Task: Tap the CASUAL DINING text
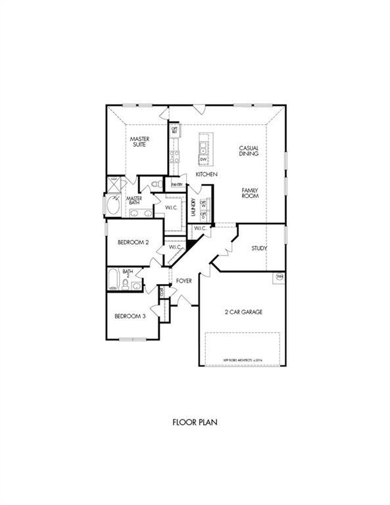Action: tap(248, 151)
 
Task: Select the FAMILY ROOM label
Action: tap(249, 193)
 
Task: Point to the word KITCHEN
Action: tap(207, 174)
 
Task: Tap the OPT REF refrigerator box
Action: tap(174, 130)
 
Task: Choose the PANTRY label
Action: tap(176, 185)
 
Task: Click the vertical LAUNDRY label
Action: tap(193, 207)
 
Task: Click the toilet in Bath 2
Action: tap(135, 284)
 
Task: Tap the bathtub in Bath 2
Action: tap(113, 280)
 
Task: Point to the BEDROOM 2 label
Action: tap(133, 242)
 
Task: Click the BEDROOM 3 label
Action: tap(130, 316)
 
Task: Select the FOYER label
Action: tap(183, 281)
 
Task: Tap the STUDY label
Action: tap(258, 249)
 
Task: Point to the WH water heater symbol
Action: tap(280, 277)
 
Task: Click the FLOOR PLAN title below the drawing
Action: tap(195, 422)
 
